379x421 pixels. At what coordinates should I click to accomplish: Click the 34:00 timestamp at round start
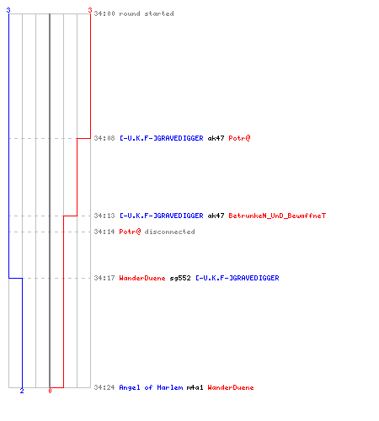[x=104, y=13]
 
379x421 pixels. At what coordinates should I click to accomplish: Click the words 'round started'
[x=147, y=13]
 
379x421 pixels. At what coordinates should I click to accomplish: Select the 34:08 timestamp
[x=104, y=138]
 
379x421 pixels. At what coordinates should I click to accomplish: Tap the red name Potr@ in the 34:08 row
[x=239, y=138]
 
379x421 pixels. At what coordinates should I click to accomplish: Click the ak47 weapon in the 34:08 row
[x=216, y=138]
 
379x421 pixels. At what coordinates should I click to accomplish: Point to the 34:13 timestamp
[x=104, y=216]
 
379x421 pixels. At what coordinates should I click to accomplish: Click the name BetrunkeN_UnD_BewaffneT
[x=277, y=216]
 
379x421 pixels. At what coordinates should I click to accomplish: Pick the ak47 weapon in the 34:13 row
[x=216, y=216]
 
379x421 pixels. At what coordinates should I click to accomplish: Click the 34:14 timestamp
[x=104, y=232]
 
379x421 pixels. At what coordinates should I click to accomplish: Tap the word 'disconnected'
[x=169, y=232]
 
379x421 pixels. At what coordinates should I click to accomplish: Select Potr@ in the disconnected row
[x=130, y=232]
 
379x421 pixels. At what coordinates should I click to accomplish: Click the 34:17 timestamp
[x=104, y=278]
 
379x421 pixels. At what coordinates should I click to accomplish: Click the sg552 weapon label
[x=180, y=278]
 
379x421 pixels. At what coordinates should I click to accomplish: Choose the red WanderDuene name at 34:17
[x=142, y=278]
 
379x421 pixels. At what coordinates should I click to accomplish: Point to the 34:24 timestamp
[x=104, y=387]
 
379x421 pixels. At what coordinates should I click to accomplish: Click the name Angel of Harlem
[x=151, y=387]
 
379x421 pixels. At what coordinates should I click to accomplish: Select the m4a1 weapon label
[x=195, y=387]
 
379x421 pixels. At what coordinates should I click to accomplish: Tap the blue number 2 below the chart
[x=22, y=391]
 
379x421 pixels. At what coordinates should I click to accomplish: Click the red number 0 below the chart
[x=50, y=391]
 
